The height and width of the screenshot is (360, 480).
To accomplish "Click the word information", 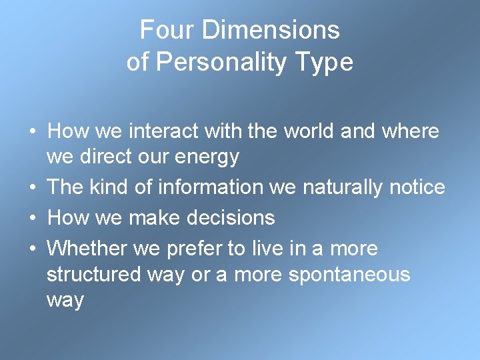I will pos(211,187).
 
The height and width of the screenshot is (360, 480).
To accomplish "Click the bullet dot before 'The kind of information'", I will pos(32,187).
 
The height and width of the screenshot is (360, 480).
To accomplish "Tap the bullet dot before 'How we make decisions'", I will pos(32,217).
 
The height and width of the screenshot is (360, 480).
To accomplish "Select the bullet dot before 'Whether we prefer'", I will pos(32,249).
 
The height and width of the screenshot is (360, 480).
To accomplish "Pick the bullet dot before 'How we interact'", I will pos(32,131).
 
